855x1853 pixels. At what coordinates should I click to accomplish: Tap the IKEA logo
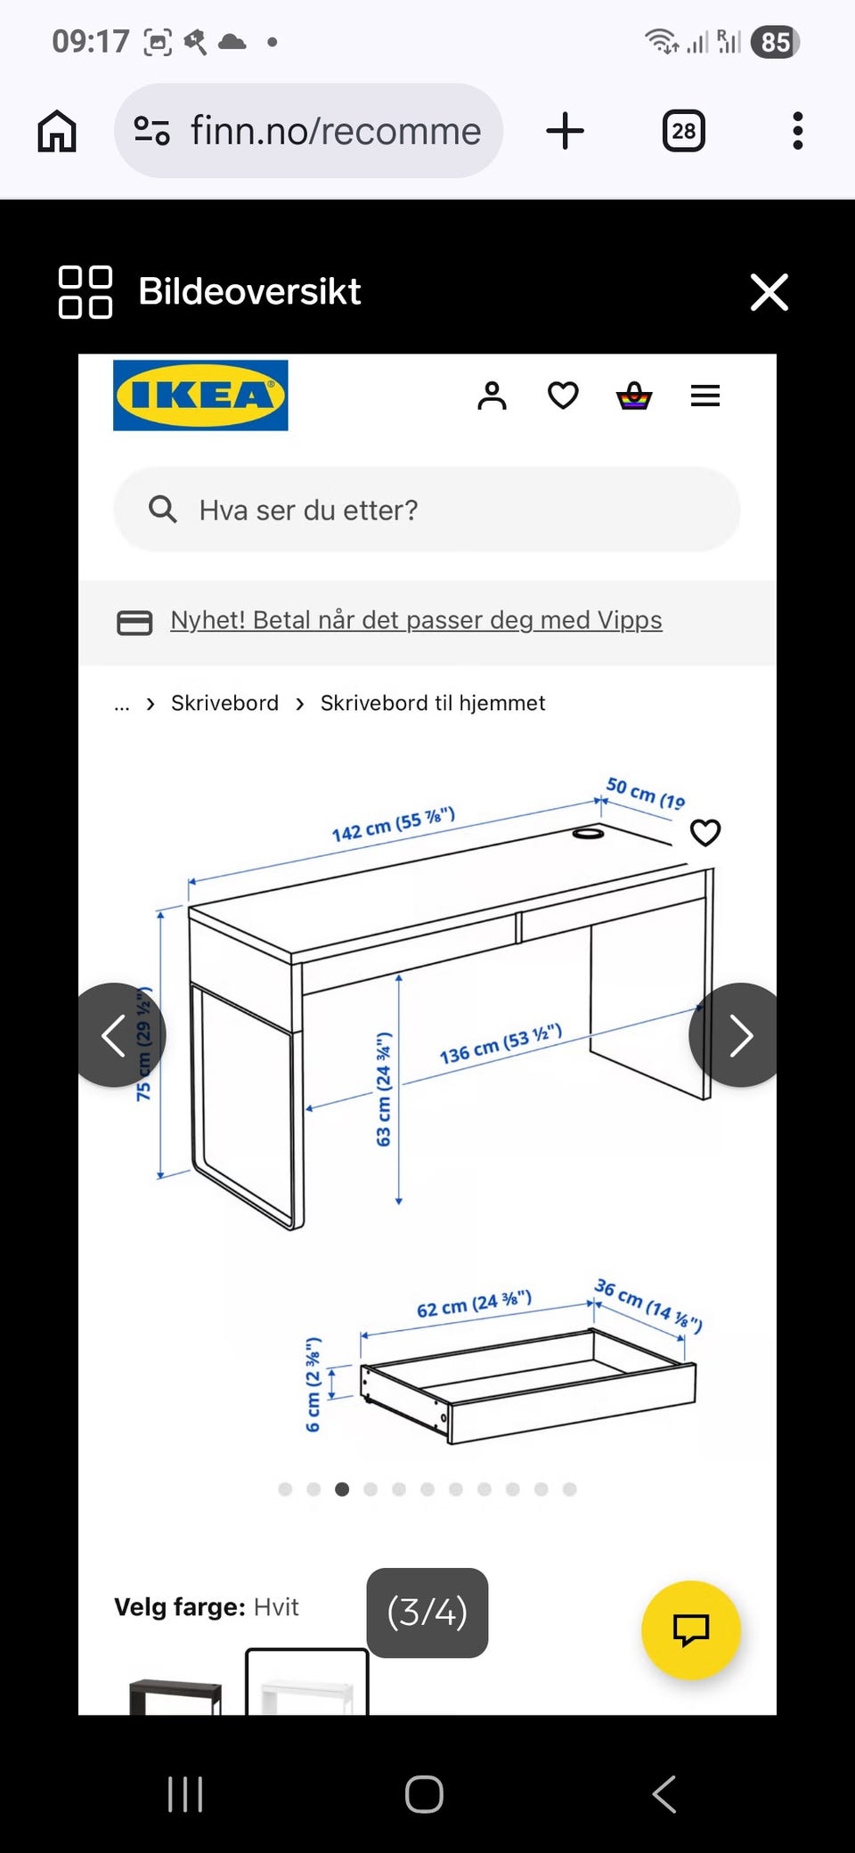click(x=200, y=395)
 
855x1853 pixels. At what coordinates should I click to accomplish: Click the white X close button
click(x=769, y=292)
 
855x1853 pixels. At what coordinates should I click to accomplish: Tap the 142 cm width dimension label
click(x=393, y=825)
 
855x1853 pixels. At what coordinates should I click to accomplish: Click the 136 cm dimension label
click(x=500, y=1044)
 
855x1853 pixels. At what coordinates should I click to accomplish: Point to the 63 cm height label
click(x=384, y=1089)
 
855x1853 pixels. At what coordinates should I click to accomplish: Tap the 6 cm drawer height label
click(x=313, y=1384)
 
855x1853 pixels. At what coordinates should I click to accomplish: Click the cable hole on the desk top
click(x=588, y=833)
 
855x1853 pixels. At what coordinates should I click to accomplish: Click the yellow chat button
click(x=690, y=1629)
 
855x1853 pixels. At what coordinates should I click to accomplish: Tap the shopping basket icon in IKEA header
click(x=634, y=395)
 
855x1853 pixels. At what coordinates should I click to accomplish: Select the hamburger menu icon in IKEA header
click(x=704, y=395)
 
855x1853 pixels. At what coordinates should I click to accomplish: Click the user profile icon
click(x=492, y=395)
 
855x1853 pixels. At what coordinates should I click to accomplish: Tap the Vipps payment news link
click(x=416, y=620)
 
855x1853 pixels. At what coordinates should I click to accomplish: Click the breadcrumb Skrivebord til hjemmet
click(x=432, y=703)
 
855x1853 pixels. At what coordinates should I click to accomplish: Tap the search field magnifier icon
click(x=162, y=510)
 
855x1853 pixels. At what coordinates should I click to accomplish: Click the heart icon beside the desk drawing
click(x=704, y=832)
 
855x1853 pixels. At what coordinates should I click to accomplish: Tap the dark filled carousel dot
click(x=342, y=1490)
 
